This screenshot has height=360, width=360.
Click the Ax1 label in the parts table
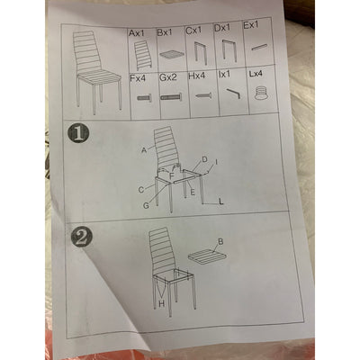pyautogui.click(x=137, y=33)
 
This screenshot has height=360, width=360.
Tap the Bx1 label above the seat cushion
pyautogui.click(x=165, y=32)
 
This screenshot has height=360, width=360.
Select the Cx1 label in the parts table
pyautogui.click(x=193, y=31)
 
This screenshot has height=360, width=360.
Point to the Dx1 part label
pyautogui.click(x=222, y=28)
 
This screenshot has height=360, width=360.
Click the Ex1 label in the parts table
pyautogui.click(x=251, y=25)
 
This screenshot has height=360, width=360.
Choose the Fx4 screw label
pyautogui.click(x=138, y=79)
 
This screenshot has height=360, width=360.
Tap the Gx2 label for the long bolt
pyautogui.click(x=168, y=77)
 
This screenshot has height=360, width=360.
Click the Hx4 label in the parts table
pyautogui.click(x=197, y=76)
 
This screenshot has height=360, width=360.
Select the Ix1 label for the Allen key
pyautogui.click(x=225, y=75)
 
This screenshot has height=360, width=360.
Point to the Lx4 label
pyautogui.click(x=256, y=74)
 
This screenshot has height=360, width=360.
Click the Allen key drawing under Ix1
pyautogui.click(x=233, y=94)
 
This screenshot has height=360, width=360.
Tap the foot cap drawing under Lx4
pyautogui.click(x=260, y=93)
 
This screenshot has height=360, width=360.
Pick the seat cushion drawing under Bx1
pyautogui.click(x=172, y=55)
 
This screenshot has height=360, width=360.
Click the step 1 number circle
pyautogui.click(x=79, y=134)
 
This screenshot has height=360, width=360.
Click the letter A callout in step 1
pyautogui.click(x=144, y=150)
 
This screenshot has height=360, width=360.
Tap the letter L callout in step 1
pyautogui.click(x=221, y=202)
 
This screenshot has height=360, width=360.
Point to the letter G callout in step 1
pyautogui.click(x=146, y=206)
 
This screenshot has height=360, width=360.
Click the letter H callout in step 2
pyautogui.click(x=161, y=304)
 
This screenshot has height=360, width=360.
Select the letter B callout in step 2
pyautogui.click(x=220, y=242)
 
